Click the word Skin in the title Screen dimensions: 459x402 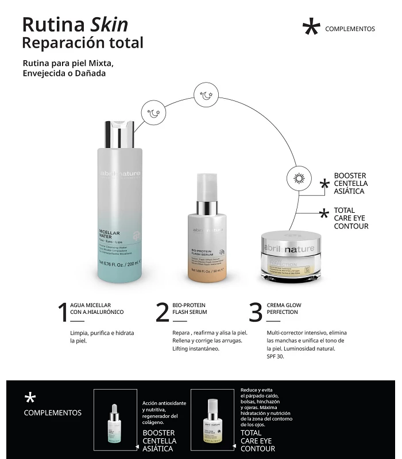pos(109,24)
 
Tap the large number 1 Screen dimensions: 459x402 pos(63,312)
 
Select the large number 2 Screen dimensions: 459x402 pos(163,312)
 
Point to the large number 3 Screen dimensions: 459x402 pos(256,312)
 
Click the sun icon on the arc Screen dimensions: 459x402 pos(299,177)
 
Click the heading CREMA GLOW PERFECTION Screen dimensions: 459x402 pos(284,308)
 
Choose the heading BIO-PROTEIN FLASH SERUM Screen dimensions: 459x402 pos(190,308)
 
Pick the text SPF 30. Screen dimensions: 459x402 pos(276,356)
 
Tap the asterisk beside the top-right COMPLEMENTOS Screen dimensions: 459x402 pos(311,27)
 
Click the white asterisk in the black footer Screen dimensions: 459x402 pos(30,398)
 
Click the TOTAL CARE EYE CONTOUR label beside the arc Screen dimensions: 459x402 pos(351,218)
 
